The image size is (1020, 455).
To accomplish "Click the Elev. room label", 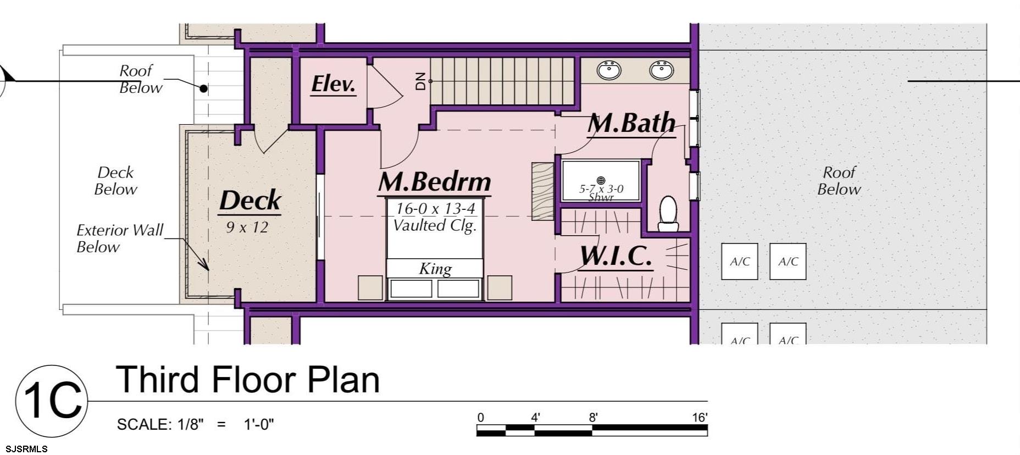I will [333, 84].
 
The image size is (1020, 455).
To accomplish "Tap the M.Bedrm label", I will [434, 182].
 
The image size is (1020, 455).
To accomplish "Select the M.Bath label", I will [631, 123].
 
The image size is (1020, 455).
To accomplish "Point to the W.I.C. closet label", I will [616, 256].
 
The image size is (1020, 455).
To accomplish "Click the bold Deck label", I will [250, 201].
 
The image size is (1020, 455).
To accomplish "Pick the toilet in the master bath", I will [668, 214].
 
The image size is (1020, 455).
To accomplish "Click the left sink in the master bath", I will [609, 70].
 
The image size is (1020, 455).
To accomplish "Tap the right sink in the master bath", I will [661, 70].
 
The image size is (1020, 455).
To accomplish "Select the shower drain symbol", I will [601, 180].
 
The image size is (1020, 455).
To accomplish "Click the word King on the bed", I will [435, 269].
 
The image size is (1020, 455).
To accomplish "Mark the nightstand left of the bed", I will [370, 287].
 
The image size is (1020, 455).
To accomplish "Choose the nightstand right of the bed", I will [499, 287].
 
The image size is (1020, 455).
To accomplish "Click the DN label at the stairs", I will [421, 81].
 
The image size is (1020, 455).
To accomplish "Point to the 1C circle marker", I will [51, 401].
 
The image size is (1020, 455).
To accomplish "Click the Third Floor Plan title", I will [248, 380].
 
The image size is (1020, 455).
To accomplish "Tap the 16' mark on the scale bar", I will [699, 418].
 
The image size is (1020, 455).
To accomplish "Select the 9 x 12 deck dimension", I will [247, 227].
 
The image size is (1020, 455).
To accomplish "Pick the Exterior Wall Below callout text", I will [119, 238].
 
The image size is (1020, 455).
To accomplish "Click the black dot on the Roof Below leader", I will [203, 88].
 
